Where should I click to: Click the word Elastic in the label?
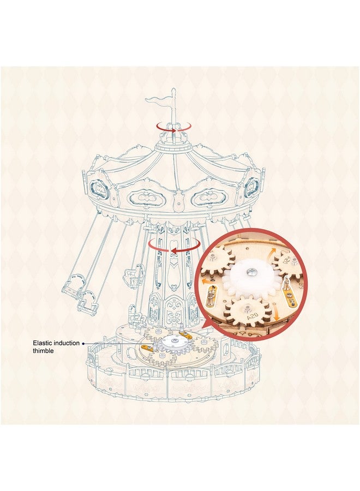pyautogui.click(x=43, y=343)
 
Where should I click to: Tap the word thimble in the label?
pyautogui.click(x=43, y=351)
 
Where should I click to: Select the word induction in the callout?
pyautogui.click(x=67, y=343)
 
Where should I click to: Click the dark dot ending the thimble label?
pyautogui.click(x=83, y=344)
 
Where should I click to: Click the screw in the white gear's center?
pyautogui.click(x=251, y=272)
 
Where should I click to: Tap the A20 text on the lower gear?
pyautogui.click(x=252, y=317)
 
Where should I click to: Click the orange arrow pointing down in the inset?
pyautogui.click(x=275, y=312)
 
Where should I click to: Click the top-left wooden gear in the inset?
pyautogui.click(x=216, y=261)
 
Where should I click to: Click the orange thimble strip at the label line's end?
pyautogui.click(x=148, y=348)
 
